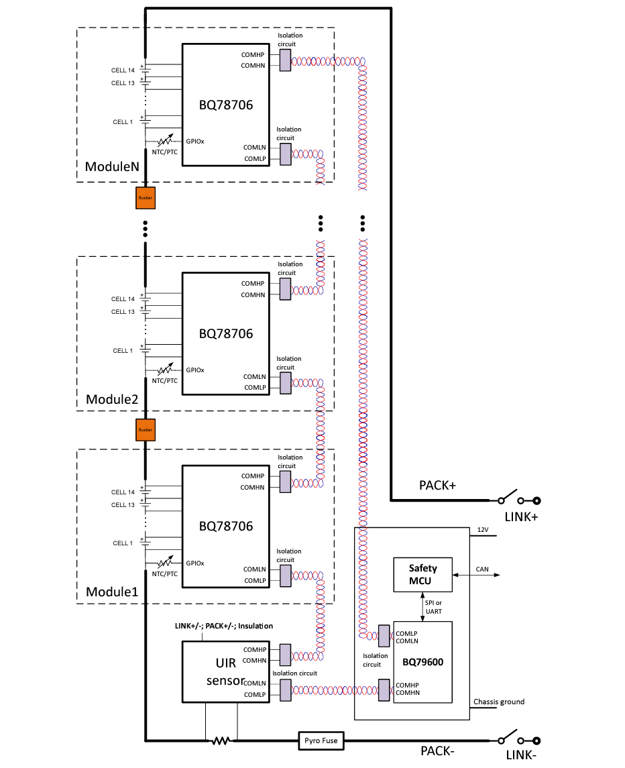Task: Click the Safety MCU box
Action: click(x=422, y=574)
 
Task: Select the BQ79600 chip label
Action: click(x=422, y=661)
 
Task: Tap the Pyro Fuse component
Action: click(x=321, y=740)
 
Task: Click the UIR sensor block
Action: click(x=225, y=671)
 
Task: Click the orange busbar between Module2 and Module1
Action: click(x=146, y=429)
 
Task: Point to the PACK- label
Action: click(x=437, y=751)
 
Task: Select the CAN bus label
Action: click(x=482, y=569)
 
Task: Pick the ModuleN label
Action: click(x=112, y=166)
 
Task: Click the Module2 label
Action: click(x=112, y=399)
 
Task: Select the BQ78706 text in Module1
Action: click(x=226, y=527)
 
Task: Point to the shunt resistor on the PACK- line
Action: click(x=221, y=740)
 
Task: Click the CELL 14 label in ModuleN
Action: click(x=123, y=70)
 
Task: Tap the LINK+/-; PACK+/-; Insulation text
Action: click(x=224, y=626)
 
